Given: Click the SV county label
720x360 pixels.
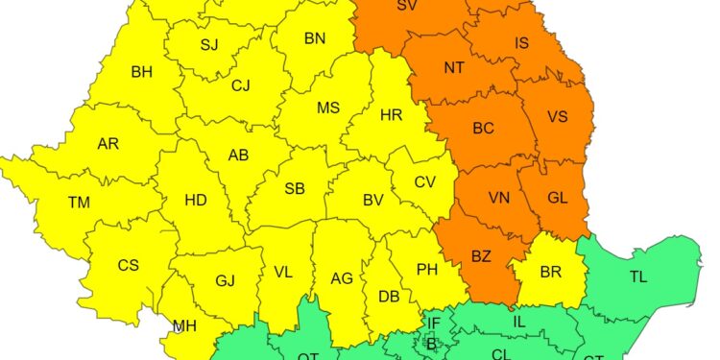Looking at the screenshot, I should click(407, 7).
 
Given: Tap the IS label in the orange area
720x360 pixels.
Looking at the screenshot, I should click(522, 43).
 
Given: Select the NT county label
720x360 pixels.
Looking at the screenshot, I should click(454, 67).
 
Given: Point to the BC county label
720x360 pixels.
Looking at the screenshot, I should click(484, 127).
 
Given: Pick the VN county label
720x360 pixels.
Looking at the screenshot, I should click(499, 198).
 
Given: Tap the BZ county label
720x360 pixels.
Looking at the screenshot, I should click(481, 256).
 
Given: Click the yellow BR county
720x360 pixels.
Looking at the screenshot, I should click(550, 273).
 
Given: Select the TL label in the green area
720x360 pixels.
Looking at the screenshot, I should click(638, 277).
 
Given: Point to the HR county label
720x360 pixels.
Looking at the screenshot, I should click(391, 115).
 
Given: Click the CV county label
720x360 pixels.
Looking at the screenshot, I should click(425, 181).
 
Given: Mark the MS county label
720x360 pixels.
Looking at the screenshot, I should click(328, 108).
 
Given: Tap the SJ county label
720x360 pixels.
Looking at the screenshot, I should click(209, 45).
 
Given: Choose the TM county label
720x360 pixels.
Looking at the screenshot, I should click(79, 203).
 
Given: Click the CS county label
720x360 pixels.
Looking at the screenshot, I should click(129, 265).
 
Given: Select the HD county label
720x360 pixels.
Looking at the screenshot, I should click(196, 200).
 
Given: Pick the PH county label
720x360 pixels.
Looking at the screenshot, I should click(427, 270).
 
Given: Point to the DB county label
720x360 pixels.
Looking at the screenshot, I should click(389, 297).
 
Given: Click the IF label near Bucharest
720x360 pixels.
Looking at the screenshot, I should click(434, 324).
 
